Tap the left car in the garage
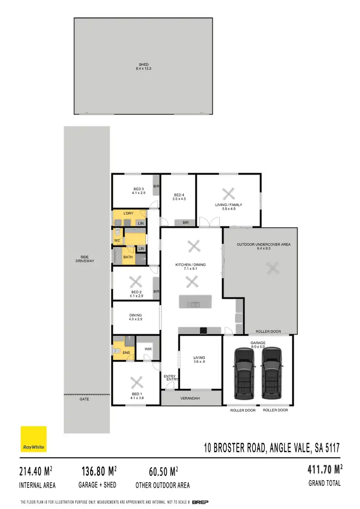pos(244,374)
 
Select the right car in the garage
pos(272,374)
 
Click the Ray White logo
pos(33,439)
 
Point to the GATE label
pos(85,399)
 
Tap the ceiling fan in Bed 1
pos(137,383)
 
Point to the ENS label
pos(126,353)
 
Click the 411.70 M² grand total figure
pos(325,469)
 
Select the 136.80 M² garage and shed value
pos(97,471)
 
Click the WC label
pos(117,241)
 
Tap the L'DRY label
pos(128,213)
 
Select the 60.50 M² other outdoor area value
pos(157,471)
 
